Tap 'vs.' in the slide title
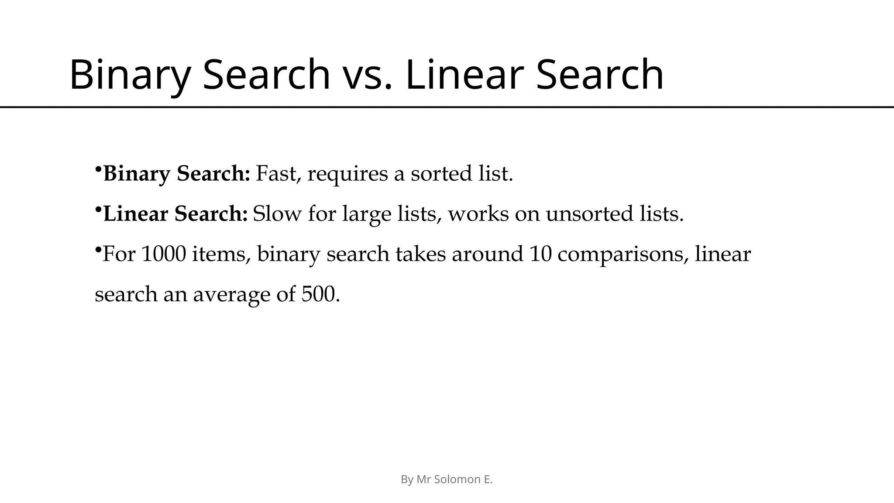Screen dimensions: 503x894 365,75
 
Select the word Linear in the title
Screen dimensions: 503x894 464,75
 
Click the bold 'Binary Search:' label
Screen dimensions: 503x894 177,174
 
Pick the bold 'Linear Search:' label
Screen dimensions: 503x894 175,214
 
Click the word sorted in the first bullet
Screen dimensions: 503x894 441,174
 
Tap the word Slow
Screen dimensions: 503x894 277,214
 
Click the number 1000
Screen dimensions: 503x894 164,254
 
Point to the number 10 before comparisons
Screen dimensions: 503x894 540,254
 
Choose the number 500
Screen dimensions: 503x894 320,294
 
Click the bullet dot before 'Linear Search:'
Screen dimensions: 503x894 98,210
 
